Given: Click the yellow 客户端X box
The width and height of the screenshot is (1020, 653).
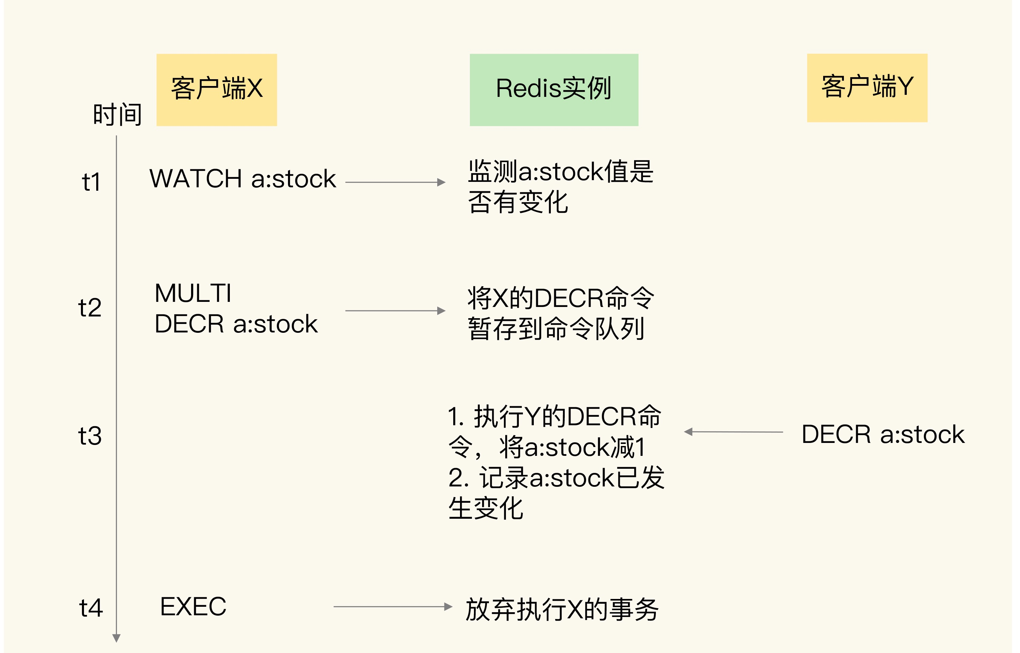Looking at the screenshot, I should coord(217,89).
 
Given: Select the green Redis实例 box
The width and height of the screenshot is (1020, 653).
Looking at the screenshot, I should coord(554,89).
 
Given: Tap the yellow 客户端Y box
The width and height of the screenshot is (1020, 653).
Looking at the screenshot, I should coord(867,88).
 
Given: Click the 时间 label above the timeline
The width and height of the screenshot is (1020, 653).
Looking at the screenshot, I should coord(117,115).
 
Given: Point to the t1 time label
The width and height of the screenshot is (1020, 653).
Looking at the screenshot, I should coord(91,182).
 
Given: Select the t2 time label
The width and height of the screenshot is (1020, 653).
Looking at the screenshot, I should coord(90,308).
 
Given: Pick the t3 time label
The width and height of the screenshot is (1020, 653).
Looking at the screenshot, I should coord(90,436).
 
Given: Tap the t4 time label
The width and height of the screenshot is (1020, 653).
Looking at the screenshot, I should coord(91,608).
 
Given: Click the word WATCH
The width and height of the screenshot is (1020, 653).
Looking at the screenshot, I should coord(195,178).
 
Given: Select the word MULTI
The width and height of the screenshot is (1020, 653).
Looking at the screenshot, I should coord(193,293).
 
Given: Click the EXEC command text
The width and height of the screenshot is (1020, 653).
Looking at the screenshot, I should coord(193,607).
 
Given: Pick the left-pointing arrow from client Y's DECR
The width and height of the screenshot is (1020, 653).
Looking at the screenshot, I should coord(734,432).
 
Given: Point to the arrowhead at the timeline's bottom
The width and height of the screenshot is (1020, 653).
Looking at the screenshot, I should coord(117,638).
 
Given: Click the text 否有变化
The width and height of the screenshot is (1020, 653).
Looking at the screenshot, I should coord(518,202).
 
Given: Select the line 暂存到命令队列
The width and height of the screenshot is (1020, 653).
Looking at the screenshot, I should coord(556,329).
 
